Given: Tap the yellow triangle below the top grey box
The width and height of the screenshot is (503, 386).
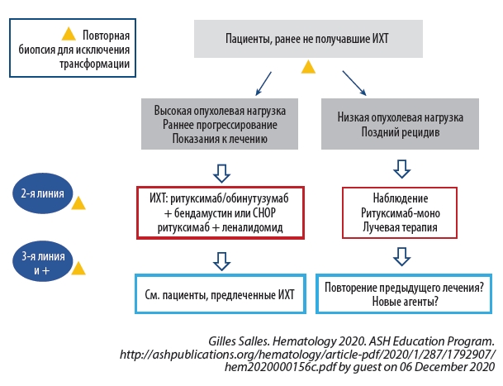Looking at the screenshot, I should click(308, 66).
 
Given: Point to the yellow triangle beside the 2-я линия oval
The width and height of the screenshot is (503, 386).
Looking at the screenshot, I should click(79, 202).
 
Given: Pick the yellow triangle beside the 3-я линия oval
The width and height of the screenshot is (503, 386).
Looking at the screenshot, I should click(79, 269).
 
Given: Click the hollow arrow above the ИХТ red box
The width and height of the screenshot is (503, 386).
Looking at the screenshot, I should click(221, 172).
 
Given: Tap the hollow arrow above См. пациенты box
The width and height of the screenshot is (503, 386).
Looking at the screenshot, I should click(221, 261).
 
